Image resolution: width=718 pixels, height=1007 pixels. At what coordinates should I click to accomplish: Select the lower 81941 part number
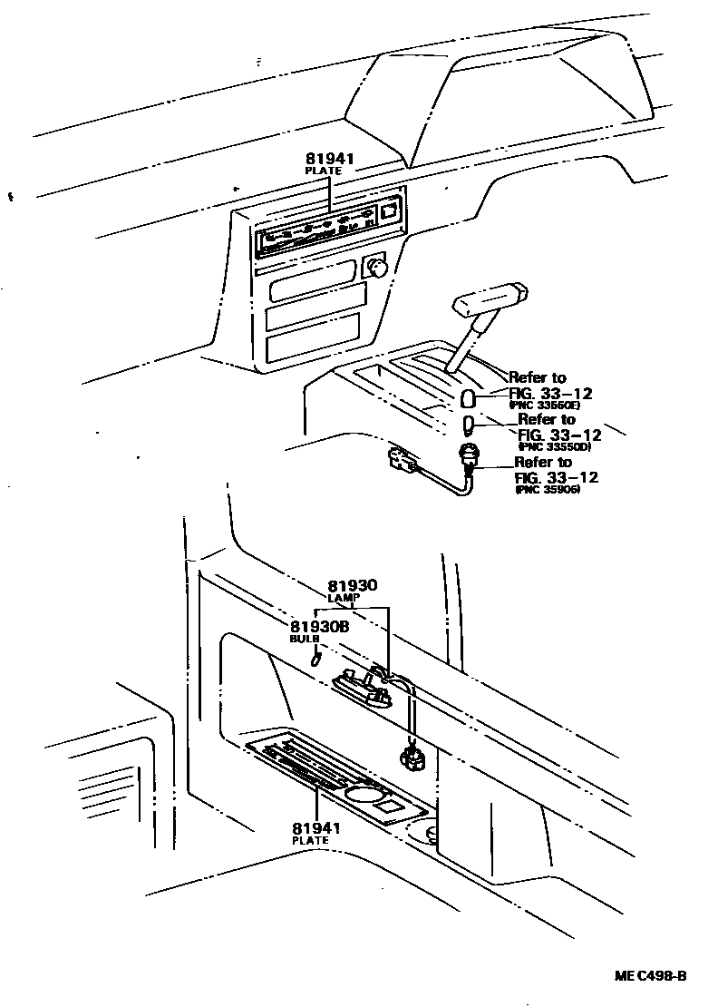(x=315, y=827)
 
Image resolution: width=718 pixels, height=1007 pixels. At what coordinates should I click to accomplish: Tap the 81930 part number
(x=352, y=586)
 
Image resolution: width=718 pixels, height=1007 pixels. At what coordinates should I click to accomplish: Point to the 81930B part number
(x=318, y=627)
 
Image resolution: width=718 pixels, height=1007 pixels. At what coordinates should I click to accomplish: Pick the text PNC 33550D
(x=555, y=446)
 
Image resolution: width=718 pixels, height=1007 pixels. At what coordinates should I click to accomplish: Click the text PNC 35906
(x=548, y=489)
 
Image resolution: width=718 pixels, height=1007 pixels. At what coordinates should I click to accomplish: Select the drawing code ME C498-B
(x=650, y=976)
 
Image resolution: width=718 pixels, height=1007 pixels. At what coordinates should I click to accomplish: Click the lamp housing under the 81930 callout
(x=364, y=687)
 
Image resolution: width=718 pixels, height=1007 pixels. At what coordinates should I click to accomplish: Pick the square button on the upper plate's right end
(x=389, y=210)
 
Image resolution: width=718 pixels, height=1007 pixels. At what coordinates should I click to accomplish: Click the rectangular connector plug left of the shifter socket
(x=400, y=462)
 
